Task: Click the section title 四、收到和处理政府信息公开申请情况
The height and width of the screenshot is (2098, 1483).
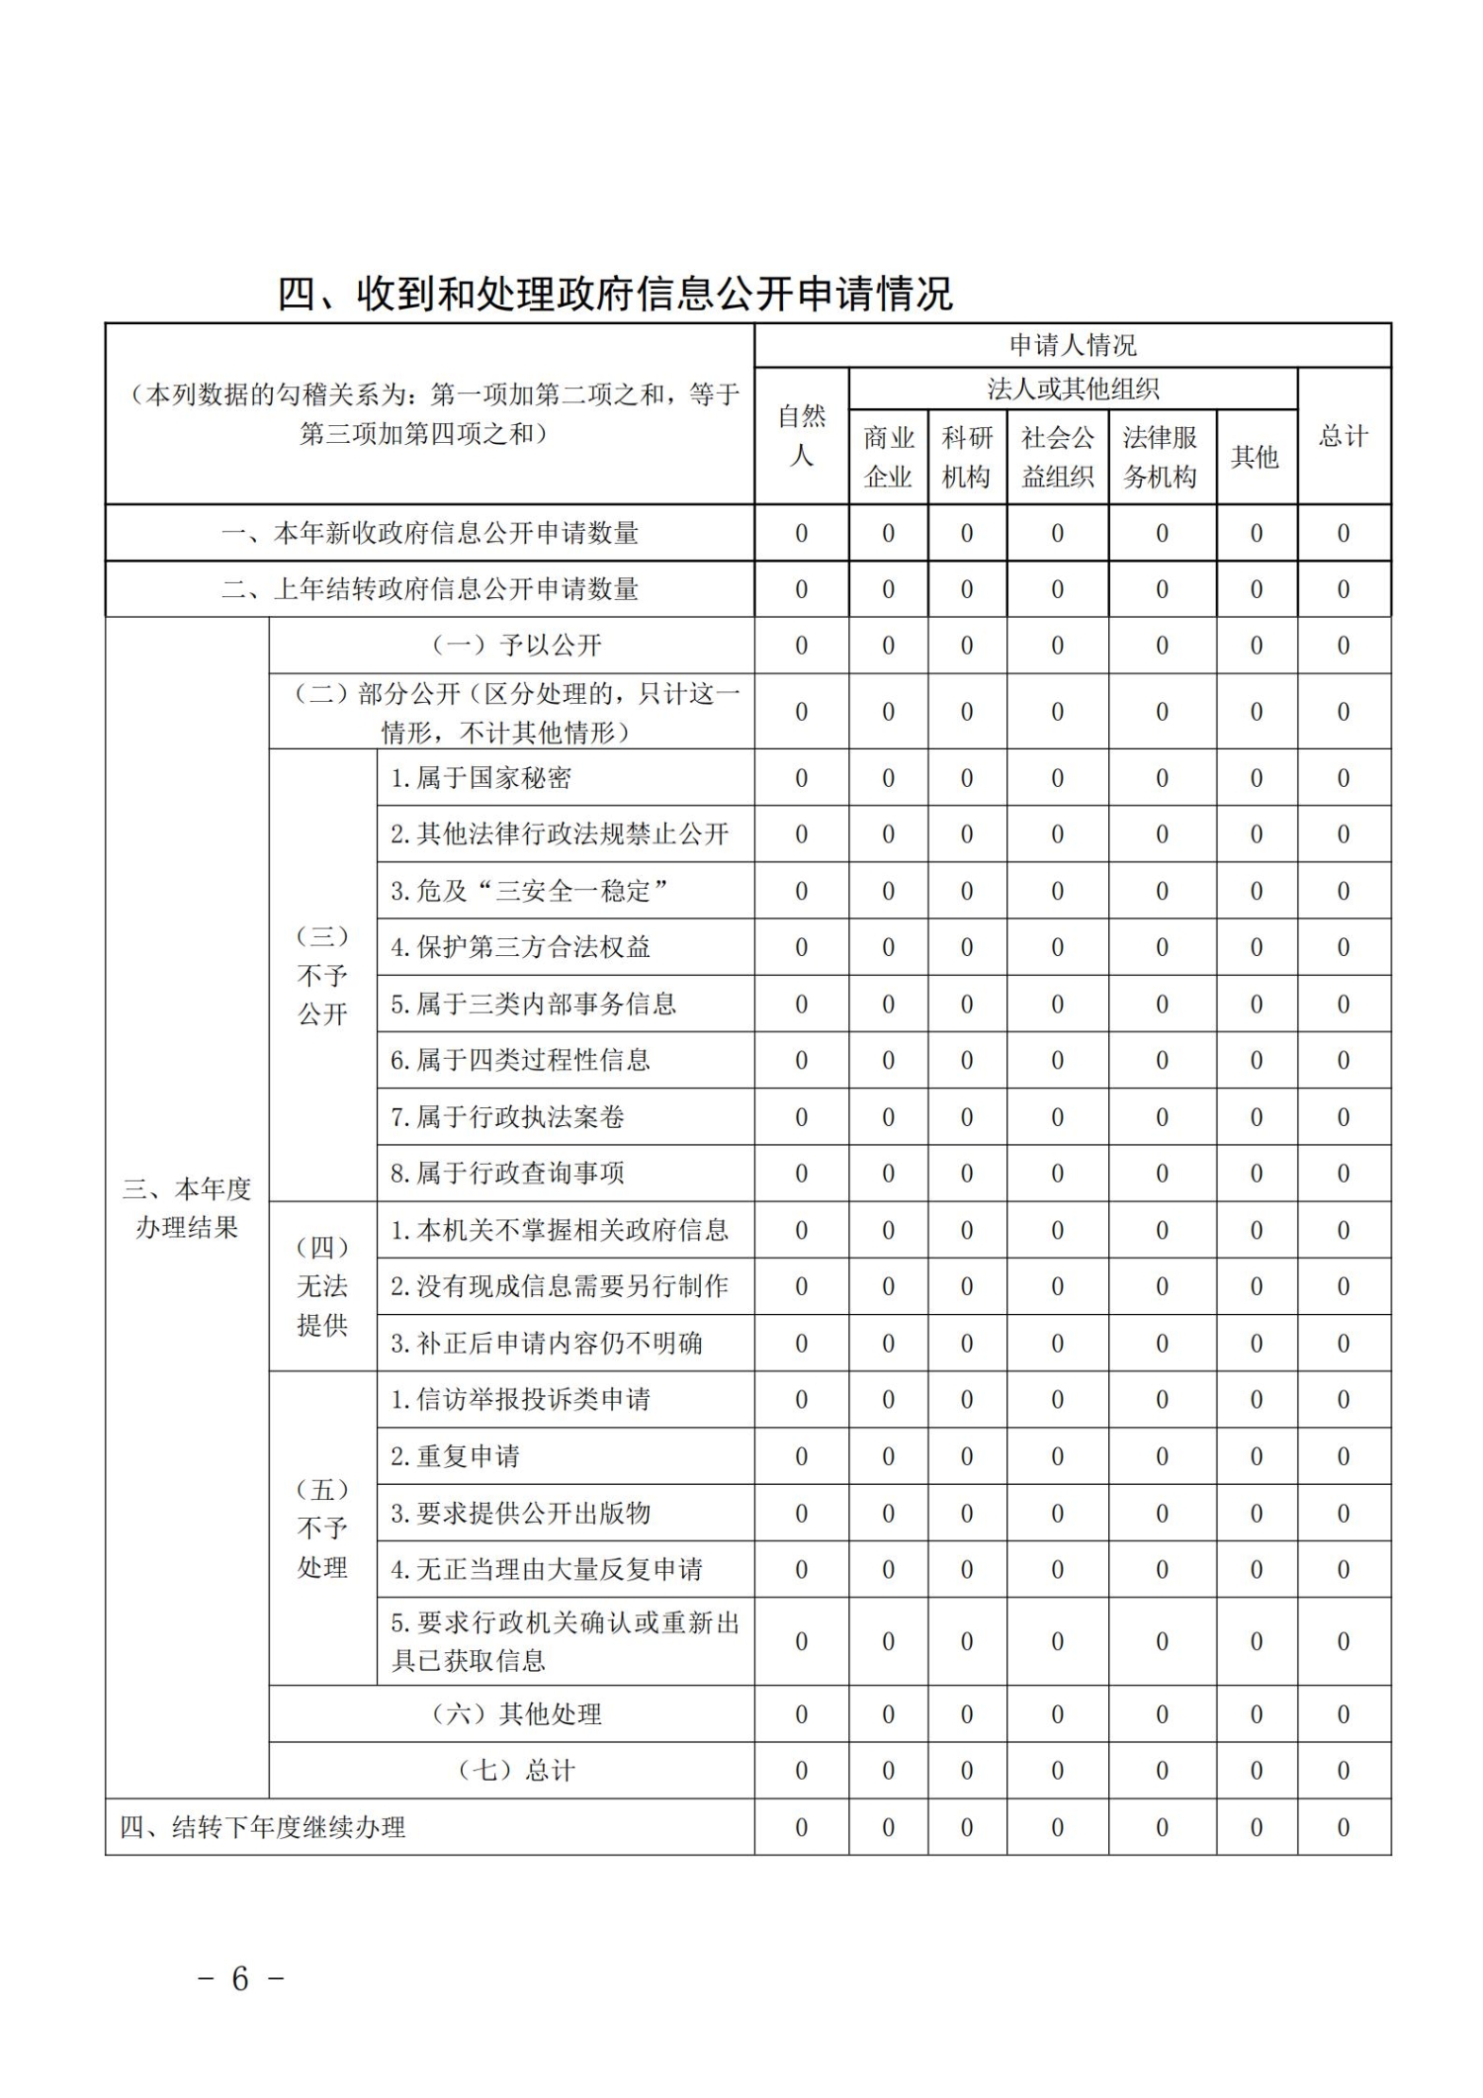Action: pyautogui.click(x=615, y=294)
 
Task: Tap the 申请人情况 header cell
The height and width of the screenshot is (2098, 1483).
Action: pyautogui.click(x=1072, y=345)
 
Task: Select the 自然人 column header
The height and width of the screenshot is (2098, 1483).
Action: pyautogui.click(x=801, y=436)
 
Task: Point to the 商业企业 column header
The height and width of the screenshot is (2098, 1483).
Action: pyautogui.click(x=888, y=457)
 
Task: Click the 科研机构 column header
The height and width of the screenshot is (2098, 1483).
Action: pyautogui.click(x=966, y=457)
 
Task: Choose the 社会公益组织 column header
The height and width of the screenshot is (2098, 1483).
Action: pyautogui.click(x=1057, y=457)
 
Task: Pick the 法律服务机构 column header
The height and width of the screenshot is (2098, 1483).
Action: pyautogui.click(x=1161, y=457)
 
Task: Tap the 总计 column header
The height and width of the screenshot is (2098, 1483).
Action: pyautogui.click(x=1343, y=436)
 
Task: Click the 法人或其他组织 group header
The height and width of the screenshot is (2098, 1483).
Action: pyautogui.click(x=1072, y=389)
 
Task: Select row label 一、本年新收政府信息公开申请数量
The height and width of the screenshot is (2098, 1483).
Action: pyautogui.click(x=429, y=534)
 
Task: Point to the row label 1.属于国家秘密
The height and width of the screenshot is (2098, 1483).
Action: pyautogui.click(x=480, y=778)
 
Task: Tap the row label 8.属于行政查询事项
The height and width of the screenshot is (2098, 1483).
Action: pyautogui.click(x=507, y=1174)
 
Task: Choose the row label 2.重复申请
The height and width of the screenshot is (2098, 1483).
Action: pyautogui.click(x=455, y=1456)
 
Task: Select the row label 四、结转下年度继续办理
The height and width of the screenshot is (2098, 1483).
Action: pyautogui.click(x=263, y=1827)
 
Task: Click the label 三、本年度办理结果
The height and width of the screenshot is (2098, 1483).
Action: pyautogui.click(x=187, y=1207)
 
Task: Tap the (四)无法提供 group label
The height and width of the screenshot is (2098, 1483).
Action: pyautogui.click(x=322, y=1285)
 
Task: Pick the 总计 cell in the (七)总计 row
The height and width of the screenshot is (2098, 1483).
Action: pyautogui.click(x=1343, y=1771)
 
